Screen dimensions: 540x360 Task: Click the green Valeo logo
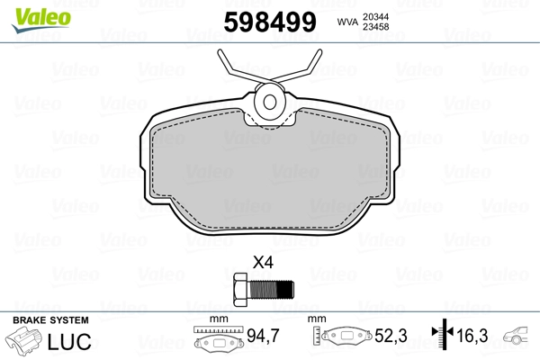pos(41,20)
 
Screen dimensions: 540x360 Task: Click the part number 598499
pos(270,22)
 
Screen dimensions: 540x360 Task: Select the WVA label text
pos(347,22)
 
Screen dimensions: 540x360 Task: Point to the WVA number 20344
pos(375,17)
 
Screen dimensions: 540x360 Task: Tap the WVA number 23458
pos(375,27)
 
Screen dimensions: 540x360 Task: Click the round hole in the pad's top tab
pos(270,102)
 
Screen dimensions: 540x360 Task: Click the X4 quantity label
pos(263,263)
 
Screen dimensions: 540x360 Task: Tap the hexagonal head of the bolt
pos(240,290)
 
